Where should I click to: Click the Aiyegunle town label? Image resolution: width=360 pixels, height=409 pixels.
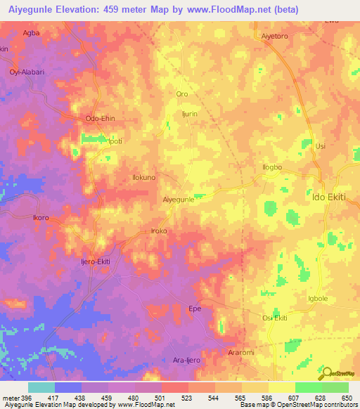click(179, 200)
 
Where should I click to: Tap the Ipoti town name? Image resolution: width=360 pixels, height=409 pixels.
click(114, 141)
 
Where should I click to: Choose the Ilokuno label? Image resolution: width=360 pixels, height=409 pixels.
click(144, 178)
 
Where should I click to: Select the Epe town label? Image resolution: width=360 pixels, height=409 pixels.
click(195, 308)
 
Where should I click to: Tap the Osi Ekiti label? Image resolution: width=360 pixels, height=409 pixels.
click(274, 318)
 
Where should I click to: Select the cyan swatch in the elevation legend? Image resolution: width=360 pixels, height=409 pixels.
click(41, 387)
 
